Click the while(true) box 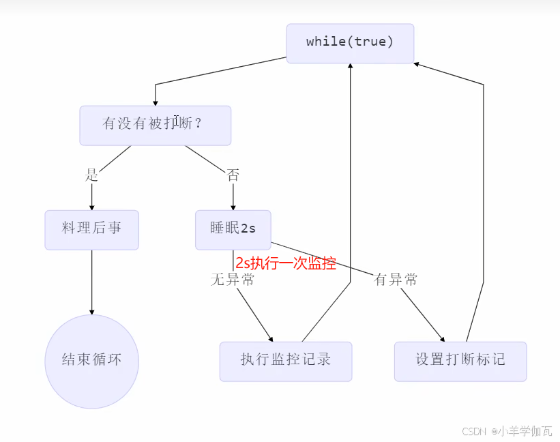[350, 43]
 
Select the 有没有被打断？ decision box [155, 125]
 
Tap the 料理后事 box [91, 229]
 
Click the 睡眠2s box [233, 229]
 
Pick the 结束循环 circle [91, 361]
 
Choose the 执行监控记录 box [285, 361]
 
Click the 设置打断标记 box [460, 361]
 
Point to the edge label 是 [91, 175]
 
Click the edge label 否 [233, 175]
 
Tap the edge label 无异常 [232, 280]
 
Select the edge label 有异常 [396, 280]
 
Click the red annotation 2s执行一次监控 [286, 264]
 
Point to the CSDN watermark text [507, 431]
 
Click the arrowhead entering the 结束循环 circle [91, 311]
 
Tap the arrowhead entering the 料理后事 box [91, 207]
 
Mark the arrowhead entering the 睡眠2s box [233, 207]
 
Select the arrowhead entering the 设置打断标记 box [443, 338]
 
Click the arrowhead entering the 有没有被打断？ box [156, 102]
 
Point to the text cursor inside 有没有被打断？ [176, 121]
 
